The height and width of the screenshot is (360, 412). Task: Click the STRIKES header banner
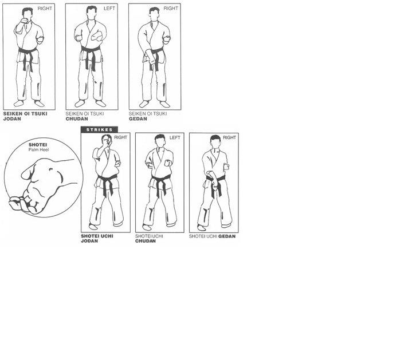(x=99, y=129)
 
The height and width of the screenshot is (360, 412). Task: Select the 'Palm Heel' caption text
(x=38, y=150)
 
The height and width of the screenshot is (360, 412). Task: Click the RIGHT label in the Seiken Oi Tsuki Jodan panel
(x=45, y=9)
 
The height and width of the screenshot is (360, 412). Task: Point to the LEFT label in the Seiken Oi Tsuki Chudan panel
(x=109, y=9)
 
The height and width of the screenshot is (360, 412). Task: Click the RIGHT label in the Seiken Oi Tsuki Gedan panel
(x=171, y=9)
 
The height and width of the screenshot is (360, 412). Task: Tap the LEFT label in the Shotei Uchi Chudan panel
(x=175, y=137)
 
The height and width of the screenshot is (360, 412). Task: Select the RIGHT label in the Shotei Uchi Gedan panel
(x=229, y=137)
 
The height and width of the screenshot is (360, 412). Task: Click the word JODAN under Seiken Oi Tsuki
(x=12, y=119)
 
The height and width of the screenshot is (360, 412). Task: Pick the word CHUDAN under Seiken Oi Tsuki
(x=77, y=119)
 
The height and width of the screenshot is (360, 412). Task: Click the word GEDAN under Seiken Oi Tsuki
(x=138, y=119)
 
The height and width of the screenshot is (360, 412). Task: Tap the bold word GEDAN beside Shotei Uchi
(x=227, y=236)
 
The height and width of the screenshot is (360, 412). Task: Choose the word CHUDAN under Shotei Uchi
(x=146, y=241)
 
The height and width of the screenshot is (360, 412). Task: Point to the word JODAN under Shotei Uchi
(x=89, y=241)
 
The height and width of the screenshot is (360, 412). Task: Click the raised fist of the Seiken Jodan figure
(x=25, y=21)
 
